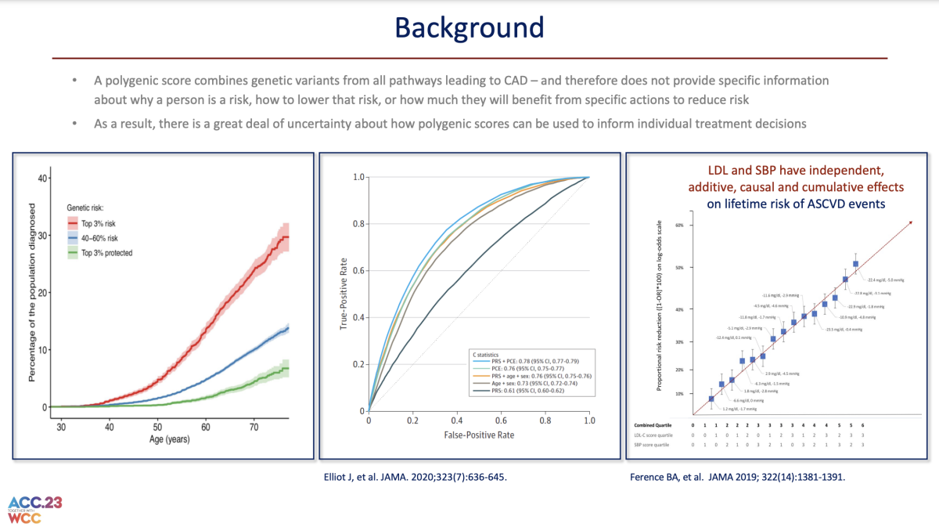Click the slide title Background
click(469, 27)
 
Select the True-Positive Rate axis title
click(344, 293)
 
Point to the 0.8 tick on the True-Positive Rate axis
click(357, 224)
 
